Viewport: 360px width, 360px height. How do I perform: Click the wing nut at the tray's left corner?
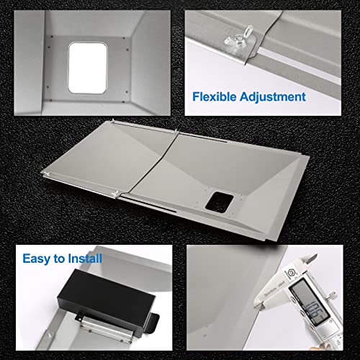(45, 175)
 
